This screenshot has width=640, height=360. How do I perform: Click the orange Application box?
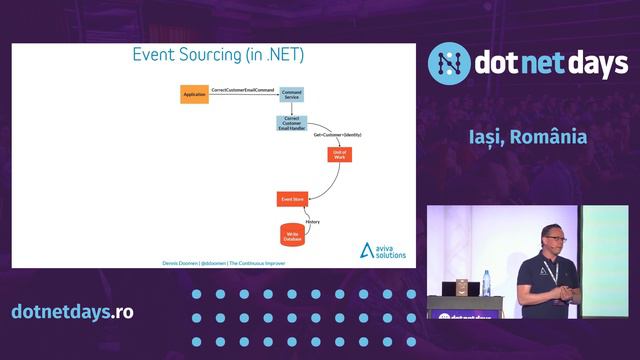pyautogui.click(x=194, y=95)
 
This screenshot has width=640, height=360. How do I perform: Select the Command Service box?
pyautogui.click(x=291, y=95)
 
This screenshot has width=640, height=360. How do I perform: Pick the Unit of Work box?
pyautogui.click(x=340, y=155)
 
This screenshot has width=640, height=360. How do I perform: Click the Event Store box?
pyautogui.click(x=291, y=200)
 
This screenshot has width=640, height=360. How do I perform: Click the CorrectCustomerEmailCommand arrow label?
pyautogui.click(x=243, y=91)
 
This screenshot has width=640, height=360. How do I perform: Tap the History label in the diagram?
pyautogui.click(x=312, y=221)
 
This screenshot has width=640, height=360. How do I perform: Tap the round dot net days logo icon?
pyautogui.click(x=449, y=63)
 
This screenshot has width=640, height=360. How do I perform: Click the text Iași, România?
pyautogui.click(x=527, y=136)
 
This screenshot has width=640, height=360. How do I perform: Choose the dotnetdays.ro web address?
pyautogui.click(x=72, y=311)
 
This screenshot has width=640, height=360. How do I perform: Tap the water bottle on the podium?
pyautogui.click(x=486, y=283)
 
